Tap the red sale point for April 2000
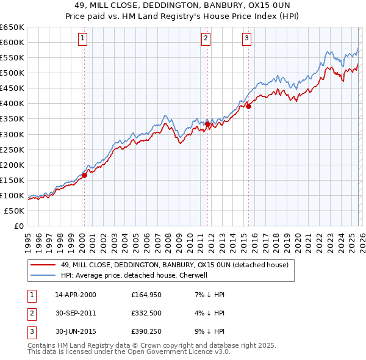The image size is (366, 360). (x=84, y=175)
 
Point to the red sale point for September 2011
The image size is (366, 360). (x=207, y=124)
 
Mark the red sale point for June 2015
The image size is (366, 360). (x=248, y=106)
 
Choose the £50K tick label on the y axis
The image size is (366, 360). (x=15, y=211)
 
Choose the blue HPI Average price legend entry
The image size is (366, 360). (x=134, y=275)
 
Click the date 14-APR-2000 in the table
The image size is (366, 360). (x=76, y=295)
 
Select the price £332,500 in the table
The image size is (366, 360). (x=147, y=314)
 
